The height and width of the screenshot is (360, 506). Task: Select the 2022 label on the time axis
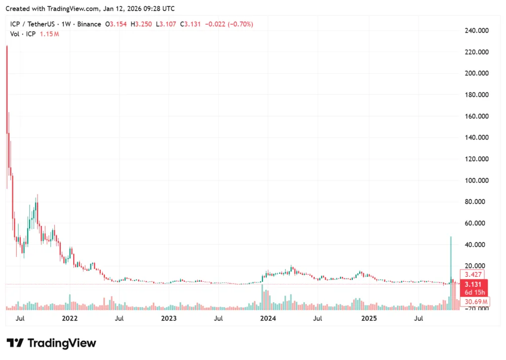tap(69, 318)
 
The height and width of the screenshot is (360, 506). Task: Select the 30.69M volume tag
tap(475, 302)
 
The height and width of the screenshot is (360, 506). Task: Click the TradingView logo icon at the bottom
tap(15, 343)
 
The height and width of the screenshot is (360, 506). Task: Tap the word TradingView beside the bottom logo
tap(62, 343)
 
